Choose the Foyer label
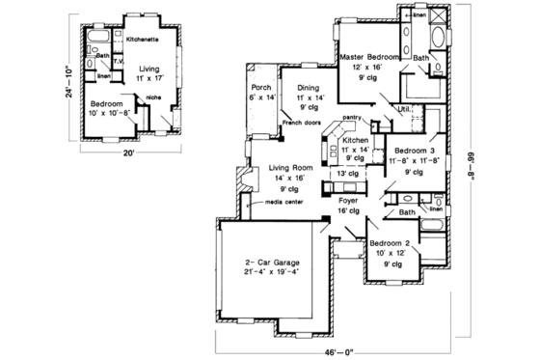click(348, 201)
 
